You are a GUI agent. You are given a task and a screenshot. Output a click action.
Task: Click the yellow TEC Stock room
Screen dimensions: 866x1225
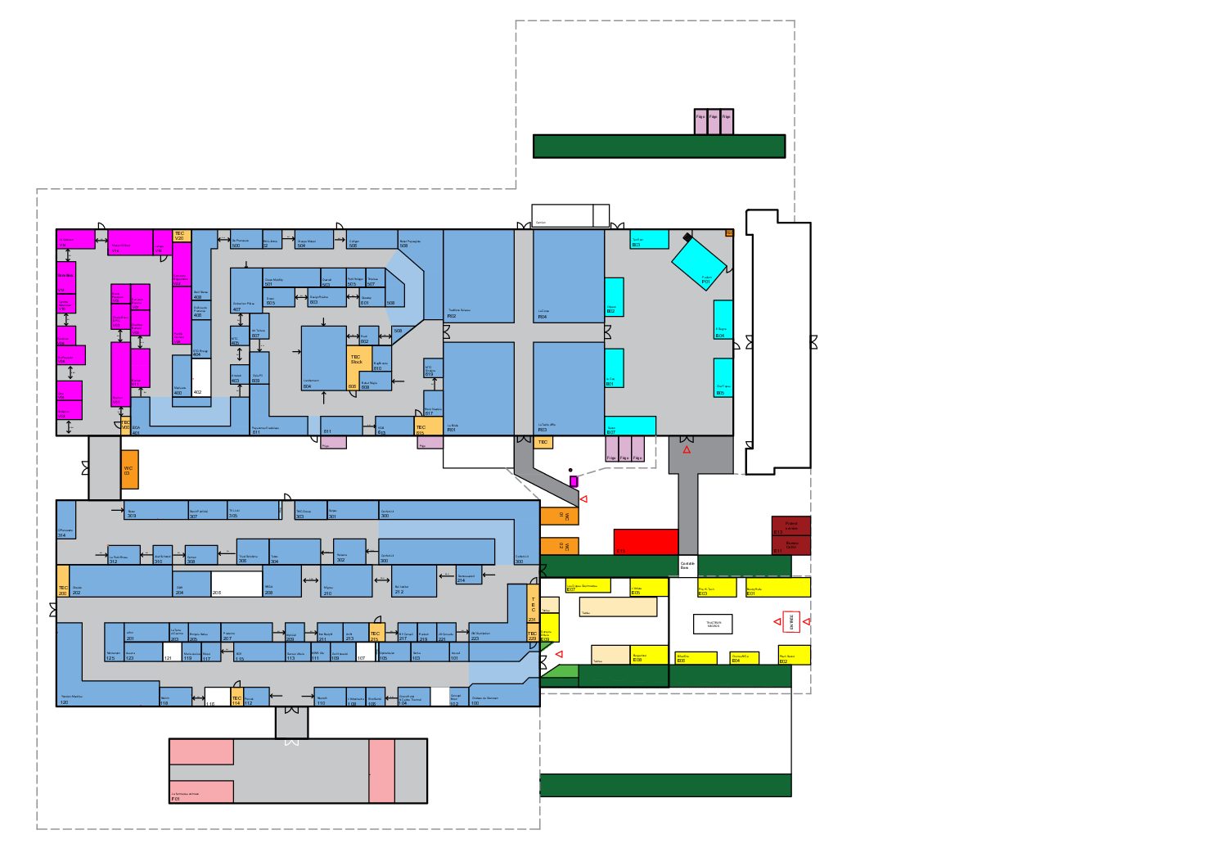point(355,360)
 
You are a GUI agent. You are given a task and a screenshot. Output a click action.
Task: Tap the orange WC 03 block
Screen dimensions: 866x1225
point(129,470)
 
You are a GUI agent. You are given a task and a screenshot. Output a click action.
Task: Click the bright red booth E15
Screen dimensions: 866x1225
point(646,542)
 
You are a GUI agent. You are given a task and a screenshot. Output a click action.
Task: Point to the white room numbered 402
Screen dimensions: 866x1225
point(201,378)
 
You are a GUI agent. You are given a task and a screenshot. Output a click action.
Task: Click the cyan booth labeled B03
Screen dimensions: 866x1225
point(649,239)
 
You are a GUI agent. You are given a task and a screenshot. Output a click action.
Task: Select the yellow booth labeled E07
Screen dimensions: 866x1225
point(588,586)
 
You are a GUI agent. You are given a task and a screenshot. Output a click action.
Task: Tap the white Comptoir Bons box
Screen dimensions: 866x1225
point(687,566)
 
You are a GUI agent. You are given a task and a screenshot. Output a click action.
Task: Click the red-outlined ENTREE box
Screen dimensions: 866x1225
point(790,622)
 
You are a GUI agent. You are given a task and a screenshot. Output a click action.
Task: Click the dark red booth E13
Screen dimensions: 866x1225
point(790,525)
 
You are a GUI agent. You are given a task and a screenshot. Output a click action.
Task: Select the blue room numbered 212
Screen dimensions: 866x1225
point(413,581)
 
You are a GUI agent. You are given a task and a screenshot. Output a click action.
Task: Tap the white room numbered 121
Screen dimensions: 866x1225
point(172,652)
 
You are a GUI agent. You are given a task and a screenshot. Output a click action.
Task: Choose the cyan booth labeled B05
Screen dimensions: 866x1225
point(723,378)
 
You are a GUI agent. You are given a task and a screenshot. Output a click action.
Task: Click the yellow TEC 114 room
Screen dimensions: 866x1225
point(236,697)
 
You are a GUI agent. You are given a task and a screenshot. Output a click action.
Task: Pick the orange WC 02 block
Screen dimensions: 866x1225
point(559,546)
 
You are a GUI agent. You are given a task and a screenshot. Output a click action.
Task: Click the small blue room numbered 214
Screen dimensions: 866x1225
point(469,575)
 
